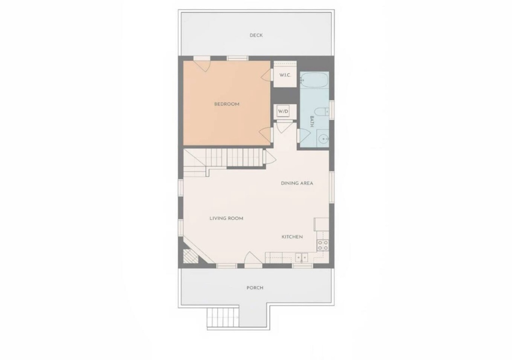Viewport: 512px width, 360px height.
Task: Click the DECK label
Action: [x=256, y=35]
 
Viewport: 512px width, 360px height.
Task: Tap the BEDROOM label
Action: [x=227, y=104]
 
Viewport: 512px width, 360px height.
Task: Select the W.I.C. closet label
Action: [x=285, y=75]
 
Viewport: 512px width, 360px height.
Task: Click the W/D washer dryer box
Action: [x=283, y=111]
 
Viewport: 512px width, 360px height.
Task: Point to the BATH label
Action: [x=311, y=121]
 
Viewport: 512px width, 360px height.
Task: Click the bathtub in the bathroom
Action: [x=314, y=81]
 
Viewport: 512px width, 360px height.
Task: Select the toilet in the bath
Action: [x=324, y=112]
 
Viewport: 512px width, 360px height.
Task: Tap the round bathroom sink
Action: [x=323, y=139]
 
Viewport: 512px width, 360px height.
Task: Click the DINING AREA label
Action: [x=297, y=183]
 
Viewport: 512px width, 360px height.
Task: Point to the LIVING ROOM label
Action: [x=226, y=218]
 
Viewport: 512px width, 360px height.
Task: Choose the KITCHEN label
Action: [x=292, y=237]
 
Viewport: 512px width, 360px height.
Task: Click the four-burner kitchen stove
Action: [x=323, y=245]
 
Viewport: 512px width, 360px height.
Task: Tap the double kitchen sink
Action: [x=302, y=258]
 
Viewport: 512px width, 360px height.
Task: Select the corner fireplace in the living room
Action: [x=191, y=256]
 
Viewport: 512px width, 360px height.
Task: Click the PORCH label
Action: [x=255, y=288]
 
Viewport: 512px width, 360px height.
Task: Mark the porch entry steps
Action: [x=223, y=317]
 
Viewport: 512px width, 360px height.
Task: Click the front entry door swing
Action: [x=253, y=258]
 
